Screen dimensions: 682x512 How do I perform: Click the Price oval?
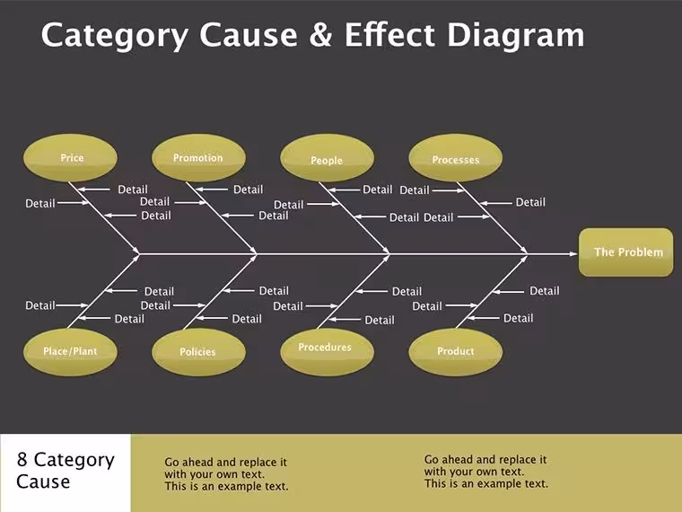click(x=70, y=157)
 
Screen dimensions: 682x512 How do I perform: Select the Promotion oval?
click(x=198, y=157)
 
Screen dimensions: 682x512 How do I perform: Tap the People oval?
click(x=327, y=157)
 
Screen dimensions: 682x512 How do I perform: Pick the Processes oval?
click(x=455, y=157)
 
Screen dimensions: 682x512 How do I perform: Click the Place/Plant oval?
click(x=70, y=352)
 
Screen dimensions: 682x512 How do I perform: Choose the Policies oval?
click(x=198, y=352)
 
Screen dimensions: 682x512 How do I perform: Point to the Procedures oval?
click(x=327, y=352)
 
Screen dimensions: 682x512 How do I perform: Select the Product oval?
click(x=455, y=352)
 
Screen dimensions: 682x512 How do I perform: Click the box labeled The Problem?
click(x=625, y=252)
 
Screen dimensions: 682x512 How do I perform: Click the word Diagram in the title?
click(x=516, y=36)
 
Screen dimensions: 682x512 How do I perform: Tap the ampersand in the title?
click(x=321, y=34)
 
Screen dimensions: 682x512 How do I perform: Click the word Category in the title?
click(x=115, y=36)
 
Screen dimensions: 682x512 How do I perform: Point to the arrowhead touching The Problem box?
click(x=573, y=253)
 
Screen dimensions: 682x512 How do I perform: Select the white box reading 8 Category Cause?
click(x=66, y=472)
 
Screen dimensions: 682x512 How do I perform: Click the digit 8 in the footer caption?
click(x=22, y=460)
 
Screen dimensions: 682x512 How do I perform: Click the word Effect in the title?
click(x=389, y=34)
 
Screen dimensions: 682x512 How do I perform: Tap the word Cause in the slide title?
click(x=249, y=34)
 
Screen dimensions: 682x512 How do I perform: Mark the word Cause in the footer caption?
click(x=43, y=481)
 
